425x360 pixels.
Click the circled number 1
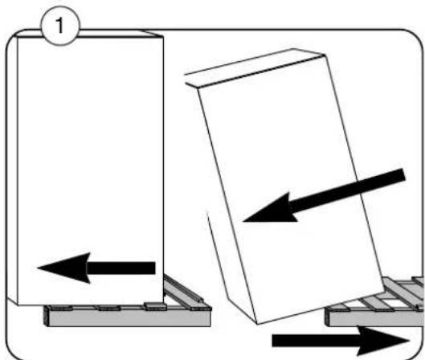60,26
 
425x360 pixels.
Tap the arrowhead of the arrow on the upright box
63,268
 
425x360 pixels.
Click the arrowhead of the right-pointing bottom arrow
385,341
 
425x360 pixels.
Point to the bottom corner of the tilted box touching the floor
257,324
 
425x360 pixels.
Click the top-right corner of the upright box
163,37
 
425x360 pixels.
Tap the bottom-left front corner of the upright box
18,305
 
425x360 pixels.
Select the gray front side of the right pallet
375,319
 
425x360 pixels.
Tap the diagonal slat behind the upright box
183,290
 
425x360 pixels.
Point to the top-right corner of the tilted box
324,55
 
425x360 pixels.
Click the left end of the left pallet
47,316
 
